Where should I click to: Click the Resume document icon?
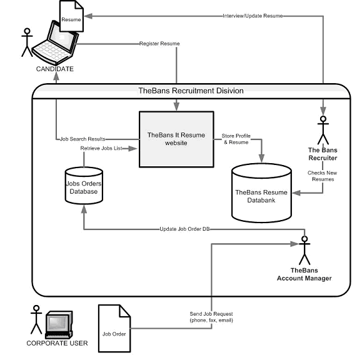click(x=71, y=16)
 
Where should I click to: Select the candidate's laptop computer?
click(x=56, y=43)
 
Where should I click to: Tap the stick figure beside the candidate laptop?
click(x=28, y=42)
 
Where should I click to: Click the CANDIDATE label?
click(x=55, y=69)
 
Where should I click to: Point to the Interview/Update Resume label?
click(x=253, y=16)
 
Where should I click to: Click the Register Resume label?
click(x=159, y=43)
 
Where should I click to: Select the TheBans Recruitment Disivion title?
click(x=191, y=91)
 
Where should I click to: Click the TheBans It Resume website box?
click(x=176, y=139)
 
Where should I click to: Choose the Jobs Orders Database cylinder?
click(x=84, y=186)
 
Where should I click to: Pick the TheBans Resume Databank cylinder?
click(x=261, y=193)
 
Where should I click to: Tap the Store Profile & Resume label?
click(x=236, y=139)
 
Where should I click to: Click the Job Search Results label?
click(x=83, y=139)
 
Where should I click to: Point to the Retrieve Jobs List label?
click(x=101, y=148)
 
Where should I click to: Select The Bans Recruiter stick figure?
click(x=323, y=131)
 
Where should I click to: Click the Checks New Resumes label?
click(x=323, y=176)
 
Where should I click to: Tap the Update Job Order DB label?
click(x=184, y=229)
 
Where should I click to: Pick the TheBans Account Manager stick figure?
click(x=304, y=251)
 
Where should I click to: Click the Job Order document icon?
click(x=114, y=328)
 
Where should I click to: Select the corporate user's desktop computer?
click(x=59, y=325)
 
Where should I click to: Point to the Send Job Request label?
click(x=211, y=317)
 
